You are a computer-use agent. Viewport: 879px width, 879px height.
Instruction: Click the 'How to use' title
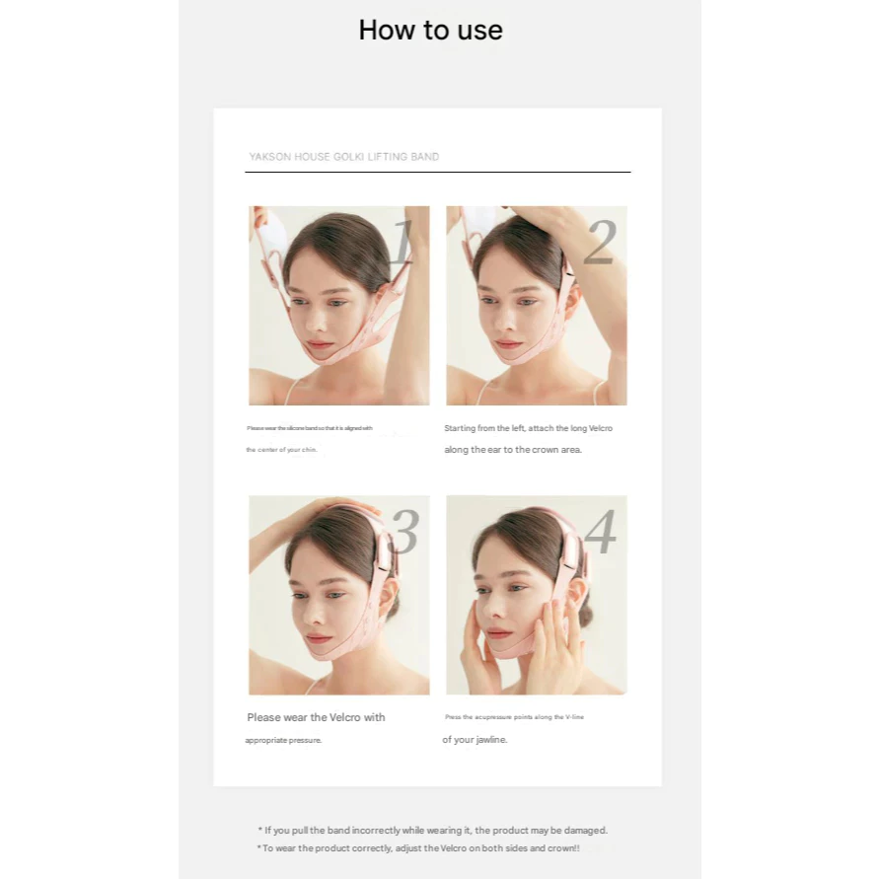pos(430,31)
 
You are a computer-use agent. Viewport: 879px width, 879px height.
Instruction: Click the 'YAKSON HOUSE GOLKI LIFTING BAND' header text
pos(343,157)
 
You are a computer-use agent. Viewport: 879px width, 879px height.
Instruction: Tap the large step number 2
pos(599,243)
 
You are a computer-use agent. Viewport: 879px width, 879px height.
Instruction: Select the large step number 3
pos(403,533)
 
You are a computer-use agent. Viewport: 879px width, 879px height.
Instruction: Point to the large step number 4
pos(600,533)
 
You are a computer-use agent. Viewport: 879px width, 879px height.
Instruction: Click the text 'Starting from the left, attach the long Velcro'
pos(528,428)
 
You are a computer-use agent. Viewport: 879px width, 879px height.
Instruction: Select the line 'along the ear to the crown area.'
pos(513,450)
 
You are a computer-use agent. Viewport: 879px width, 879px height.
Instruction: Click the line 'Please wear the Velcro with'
pos(316,717)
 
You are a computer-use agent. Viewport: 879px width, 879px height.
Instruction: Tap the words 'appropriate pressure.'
pos(283,740)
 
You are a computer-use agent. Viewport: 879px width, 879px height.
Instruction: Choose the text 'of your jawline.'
pos(475,740)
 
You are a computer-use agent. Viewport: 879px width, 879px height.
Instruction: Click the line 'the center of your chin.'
pos(282,450)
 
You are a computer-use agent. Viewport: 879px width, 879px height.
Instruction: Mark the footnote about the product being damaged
pos(432,831)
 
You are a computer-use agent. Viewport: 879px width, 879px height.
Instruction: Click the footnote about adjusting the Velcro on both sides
pos(418,848)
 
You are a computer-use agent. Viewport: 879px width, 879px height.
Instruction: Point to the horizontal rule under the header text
pos(437,173)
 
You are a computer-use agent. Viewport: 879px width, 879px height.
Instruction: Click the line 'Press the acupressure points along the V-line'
pos(514,717)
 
